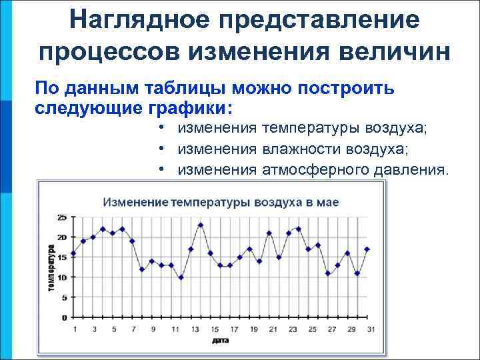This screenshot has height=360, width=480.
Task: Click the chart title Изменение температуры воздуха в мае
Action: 211,201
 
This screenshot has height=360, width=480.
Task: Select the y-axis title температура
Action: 51,267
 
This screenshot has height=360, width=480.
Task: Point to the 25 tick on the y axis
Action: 62,217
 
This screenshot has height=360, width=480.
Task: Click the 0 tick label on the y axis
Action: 64,317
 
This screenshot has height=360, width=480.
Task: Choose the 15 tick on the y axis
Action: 62,257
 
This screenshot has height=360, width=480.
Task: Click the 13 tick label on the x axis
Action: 195,329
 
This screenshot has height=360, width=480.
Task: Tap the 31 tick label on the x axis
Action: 370,329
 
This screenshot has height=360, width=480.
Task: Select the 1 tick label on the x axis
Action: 74,329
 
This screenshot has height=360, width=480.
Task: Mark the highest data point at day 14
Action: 201,225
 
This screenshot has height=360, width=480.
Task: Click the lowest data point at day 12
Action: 181,277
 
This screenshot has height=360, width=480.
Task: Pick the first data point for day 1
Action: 73,253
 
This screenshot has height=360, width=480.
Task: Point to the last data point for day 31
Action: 367,249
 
